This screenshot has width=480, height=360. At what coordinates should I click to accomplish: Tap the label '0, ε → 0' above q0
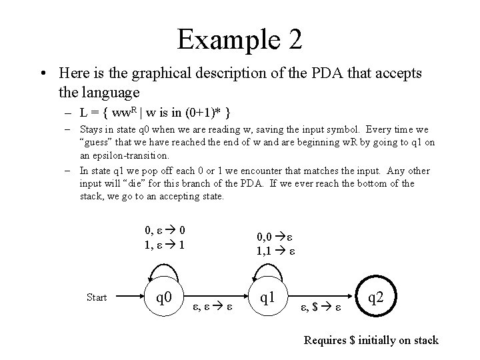pyautogui.click(x=165, y=231)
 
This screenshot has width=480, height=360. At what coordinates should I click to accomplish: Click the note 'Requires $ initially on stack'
pyautogui.click(x=371, y=341)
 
